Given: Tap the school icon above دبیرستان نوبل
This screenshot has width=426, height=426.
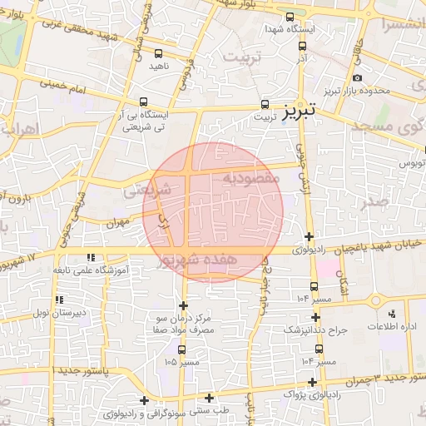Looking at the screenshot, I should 57,300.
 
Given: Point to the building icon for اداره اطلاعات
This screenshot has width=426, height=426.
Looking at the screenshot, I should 392,314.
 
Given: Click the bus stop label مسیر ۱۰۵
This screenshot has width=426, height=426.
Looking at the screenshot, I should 182,362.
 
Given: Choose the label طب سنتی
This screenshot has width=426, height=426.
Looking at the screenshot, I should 210,409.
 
